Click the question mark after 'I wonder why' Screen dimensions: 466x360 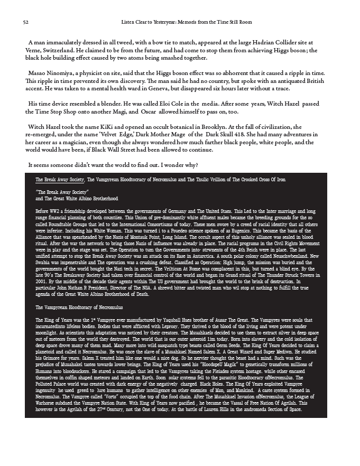197,165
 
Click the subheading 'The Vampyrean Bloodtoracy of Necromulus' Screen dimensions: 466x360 79,307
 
